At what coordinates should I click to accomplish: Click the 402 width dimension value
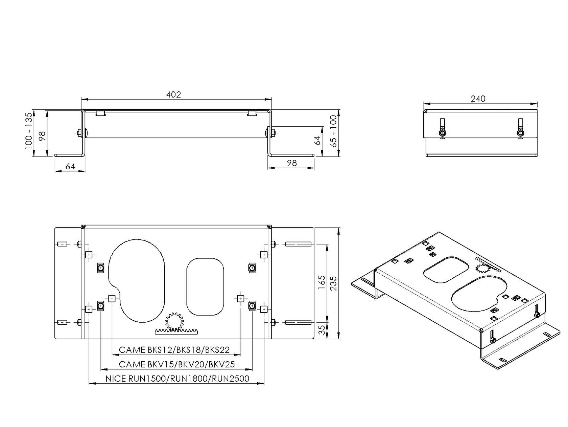(173, 94)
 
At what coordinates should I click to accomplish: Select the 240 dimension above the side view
(478, 99)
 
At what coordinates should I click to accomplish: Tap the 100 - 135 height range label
(29, 131)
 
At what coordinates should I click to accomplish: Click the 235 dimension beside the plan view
(333, 283)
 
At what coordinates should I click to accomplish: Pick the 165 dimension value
(322, 282)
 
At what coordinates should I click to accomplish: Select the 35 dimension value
(323, 330)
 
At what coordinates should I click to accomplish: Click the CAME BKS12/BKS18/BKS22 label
(174, 350)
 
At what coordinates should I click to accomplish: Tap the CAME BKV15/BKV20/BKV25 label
(177, 364)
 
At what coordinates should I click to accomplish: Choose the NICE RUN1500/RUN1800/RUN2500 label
(177, 379)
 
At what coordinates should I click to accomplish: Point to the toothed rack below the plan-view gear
(177, 332)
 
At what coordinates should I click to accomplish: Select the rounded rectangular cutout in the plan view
(205, 287)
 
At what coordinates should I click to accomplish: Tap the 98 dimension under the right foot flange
(291, 163)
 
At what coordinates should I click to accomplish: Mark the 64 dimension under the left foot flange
(70, 166)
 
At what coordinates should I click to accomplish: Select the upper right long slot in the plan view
(298, 244)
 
